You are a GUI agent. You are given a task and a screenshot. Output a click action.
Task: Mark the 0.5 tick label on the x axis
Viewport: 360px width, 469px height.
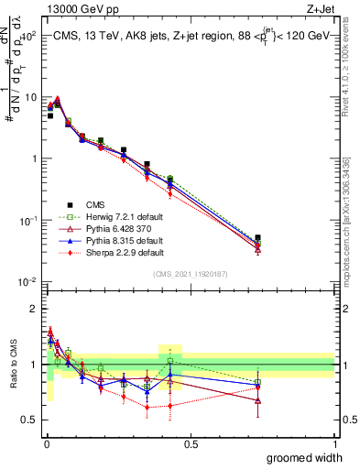point(191,443)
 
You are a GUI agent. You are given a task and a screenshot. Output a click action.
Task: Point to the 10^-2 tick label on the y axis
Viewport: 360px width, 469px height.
point(27,282)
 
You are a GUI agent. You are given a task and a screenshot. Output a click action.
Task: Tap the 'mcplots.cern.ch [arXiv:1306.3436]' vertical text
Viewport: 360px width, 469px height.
point(351,220)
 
